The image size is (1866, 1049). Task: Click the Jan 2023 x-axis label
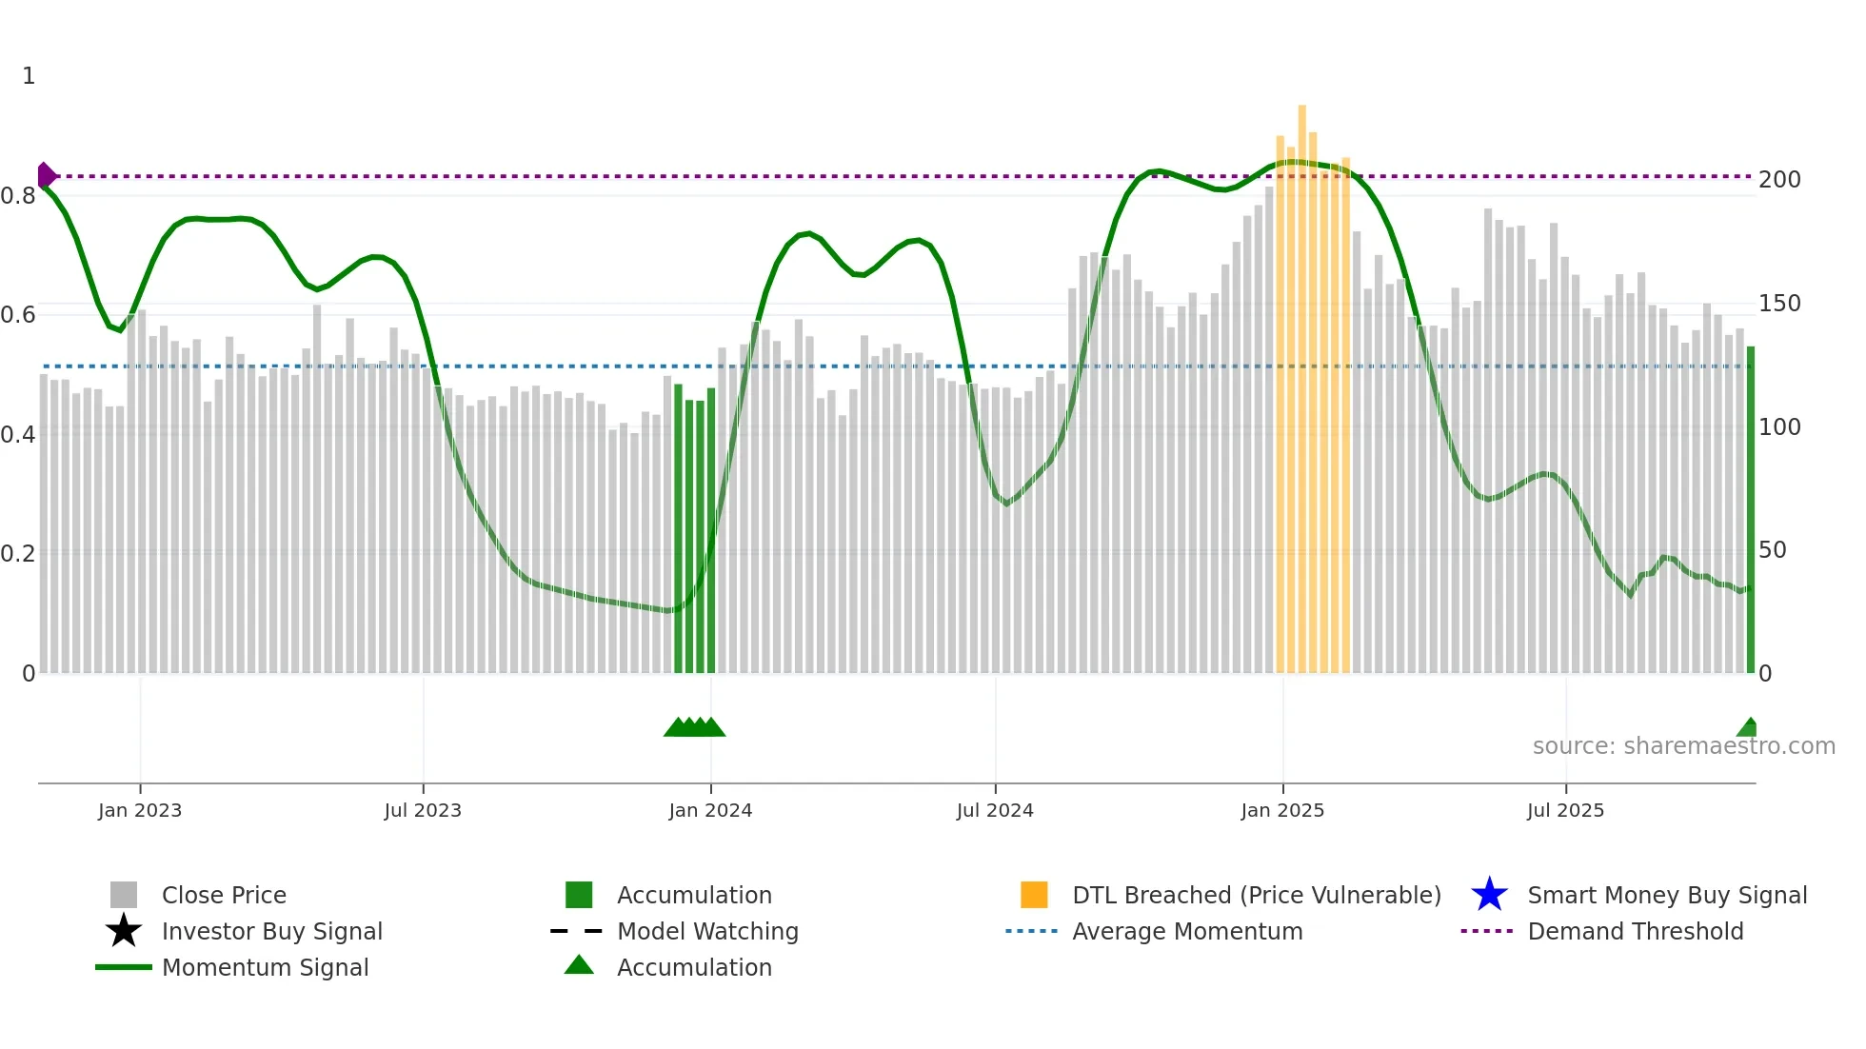(x=140, y=810)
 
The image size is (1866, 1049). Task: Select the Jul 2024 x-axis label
(x=995, y=810)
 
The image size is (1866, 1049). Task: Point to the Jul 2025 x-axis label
(x=1565, y=810)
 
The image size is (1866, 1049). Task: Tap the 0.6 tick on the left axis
(x=18, y=315)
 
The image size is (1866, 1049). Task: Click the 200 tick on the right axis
(x=1779, y=180)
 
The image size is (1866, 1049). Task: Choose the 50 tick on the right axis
(x=1772, y=550)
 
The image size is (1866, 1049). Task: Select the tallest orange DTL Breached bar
(x=1301, y=381)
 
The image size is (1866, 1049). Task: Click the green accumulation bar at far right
(x=1750, y=514)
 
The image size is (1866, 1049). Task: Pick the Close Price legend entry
(x=224, y=895)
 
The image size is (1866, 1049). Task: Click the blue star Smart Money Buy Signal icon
(x=1489, y=895)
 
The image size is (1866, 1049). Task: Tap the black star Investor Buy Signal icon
(x=124, y=931)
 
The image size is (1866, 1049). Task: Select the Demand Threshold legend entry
(x=1635, y=931)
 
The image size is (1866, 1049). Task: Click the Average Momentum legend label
(x=1187, y=931)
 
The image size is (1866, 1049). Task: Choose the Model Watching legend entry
(x=706, y=931)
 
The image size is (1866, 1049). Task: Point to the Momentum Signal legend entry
(x=265, y=967)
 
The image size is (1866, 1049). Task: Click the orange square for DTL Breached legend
(x=1034, y=895)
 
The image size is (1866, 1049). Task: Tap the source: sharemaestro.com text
(x=1683, y=746)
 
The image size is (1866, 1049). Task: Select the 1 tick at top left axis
(x=29, y=76)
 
